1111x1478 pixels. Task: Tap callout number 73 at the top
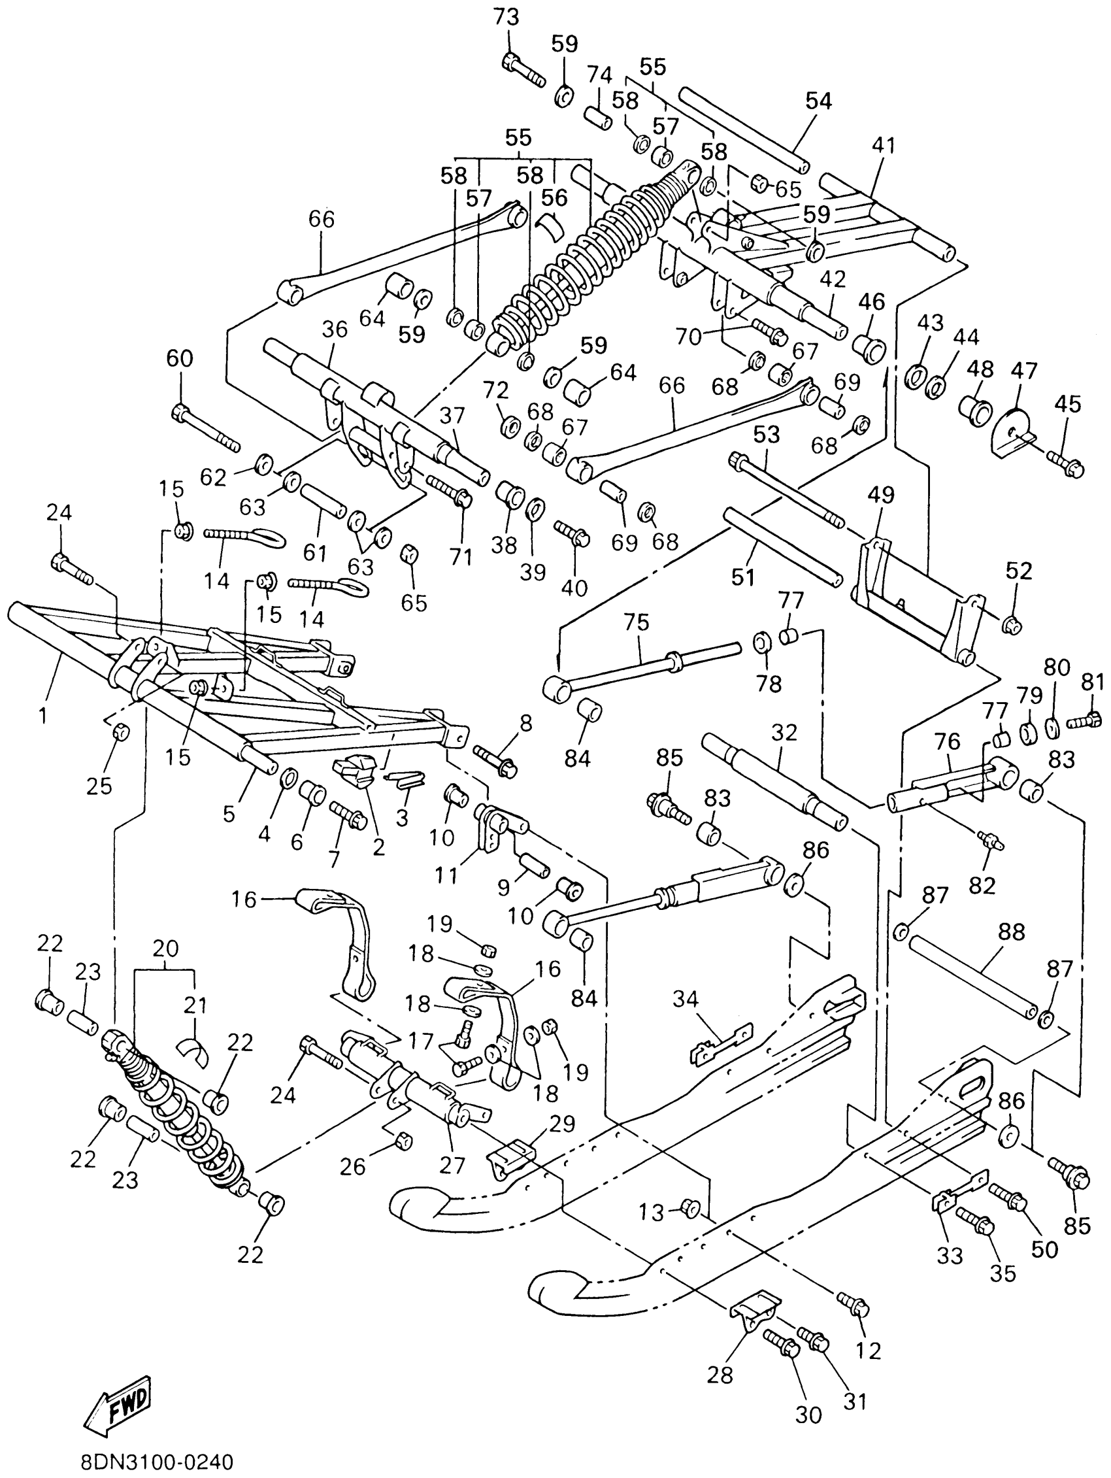coord(506,18)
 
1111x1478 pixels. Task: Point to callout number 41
coord(883,146)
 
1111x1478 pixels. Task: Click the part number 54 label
coord(818,101)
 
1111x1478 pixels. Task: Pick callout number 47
coord(1023,370)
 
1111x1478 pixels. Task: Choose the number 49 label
coord(881,495)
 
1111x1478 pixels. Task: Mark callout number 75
coord(636,623)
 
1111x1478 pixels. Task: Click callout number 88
coord(1011,932)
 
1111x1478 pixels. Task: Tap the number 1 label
coord(43,716)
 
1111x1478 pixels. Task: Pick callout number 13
coord(651,1211)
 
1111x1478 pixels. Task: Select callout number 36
coord(335,330)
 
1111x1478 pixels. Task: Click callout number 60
coord(180,359)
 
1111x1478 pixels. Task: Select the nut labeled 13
coord(689,1207)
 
